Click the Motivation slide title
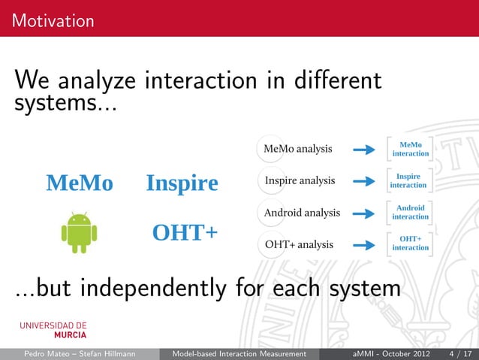click(53, 20)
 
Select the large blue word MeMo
click(80, 183)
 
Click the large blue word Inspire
click(182, 183)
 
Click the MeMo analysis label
click(298, 149)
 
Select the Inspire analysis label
click(300, 181)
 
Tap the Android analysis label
click(302, 213)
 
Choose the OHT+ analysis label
click(299, 244)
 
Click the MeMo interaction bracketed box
click(410, 149)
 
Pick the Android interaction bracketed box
click(410, 212)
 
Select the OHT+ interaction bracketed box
click(410, 244)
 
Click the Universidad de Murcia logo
click(53, 330)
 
